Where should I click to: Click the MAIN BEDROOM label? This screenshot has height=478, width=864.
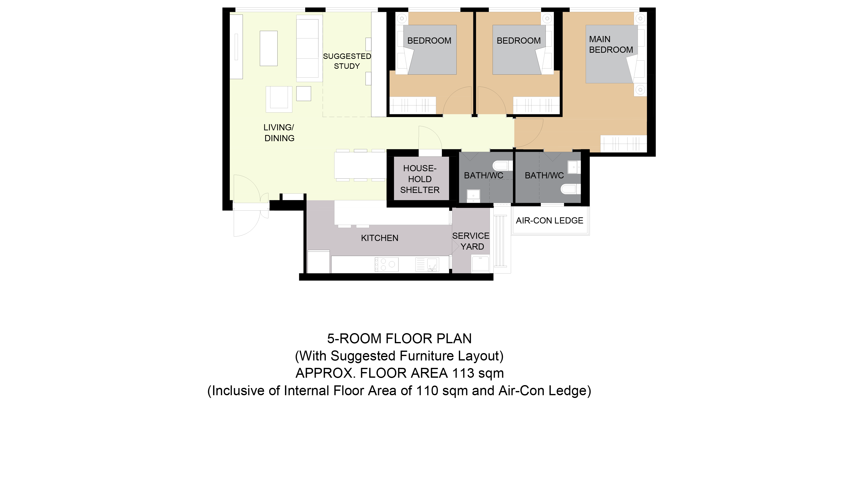click(611, 44)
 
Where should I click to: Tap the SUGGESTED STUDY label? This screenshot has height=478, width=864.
click(347, 61)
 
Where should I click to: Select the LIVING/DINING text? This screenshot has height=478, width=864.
click(279, 133)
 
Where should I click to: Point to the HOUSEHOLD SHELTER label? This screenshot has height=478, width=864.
click(420, 179)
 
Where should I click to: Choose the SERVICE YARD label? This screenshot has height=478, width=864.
click(471, 241)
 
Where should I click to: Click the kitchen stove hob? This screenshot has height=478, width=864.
click(386, 265)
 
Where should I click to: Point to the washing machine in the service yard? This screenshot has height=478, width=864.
click(481, 264)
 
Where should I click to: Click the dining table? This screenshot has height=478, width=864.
click(361, 165)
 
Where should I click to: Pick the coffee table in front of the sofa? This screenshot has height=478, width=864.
click(269, 48)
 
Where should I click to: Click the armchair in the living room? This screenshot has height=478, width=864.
click(279, 99)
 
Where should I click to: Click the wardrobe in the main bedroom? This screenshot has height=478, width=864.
click(623, 144)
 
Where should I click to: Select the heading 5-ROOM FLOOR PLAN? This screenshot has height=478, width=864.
click(399, 339)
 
